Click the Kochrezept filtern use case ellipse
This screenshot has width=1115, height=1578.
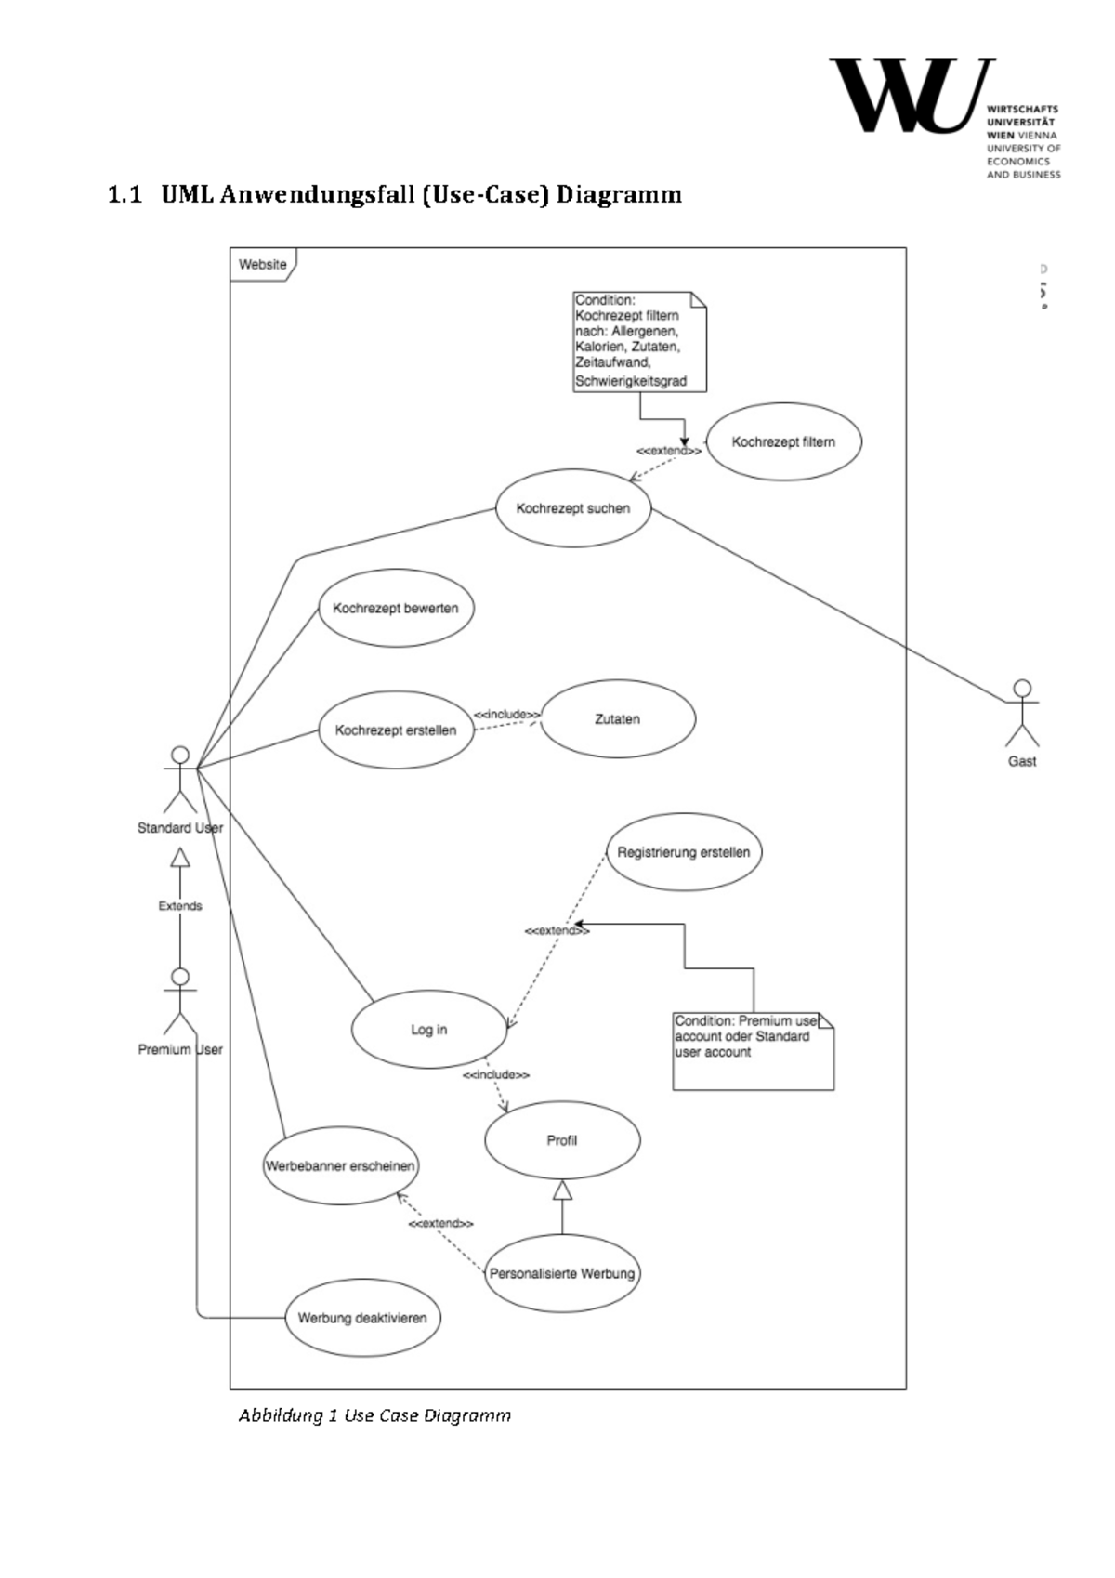click(783, 441)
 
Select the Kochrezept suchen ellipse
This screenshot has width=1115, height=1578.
click(573, 508)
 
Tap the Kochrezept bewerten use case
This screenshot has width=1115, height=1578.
click(396, 609)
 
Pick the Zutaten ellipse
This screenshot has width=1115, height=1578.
click(618, 719)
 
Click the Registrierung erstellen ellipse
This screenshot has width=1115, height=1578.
click(684, 852)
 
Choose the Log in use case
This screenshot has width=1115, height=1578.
click(429, 1030)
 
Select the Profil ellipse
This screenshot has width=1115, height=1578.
click(562, 1140)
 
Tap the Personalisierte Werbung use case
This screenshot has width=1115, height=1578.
click(562, 1273)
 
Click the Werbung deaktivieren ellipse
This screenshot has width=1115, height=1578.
click(362, 1318)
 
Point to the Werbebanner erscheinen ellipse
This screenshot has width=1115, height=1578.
click(340, 1165)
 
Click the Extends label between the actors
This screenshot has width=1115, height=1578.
click(180, 906)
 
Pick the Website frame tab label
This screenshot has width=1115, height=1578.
click(263, 265)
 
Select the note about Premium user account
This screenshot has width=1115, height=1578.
click(753, 1050)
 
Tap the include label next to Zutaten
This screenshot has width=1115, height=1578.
click(507, 714)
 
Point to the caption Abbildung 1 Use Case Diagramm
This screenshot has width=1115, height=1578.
click(374, 1415)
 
